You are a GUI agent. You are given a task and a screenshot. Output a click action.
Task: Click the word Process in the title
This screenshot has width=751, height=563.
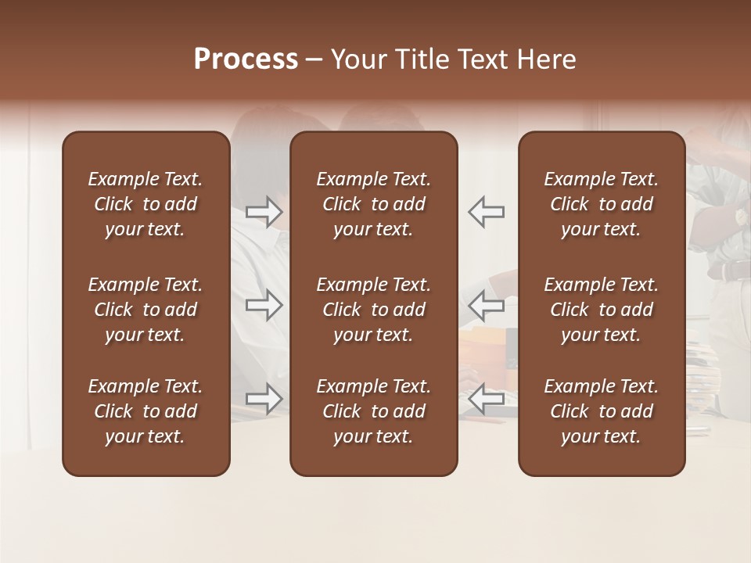pos(246,59)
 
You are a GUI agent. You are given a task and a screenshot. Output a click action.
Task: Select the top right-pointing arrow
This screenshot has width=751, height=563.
pos(264,212)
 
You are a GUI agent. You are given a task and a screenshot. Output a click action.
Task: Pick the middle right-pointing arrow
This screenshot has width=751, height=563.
pos(264,305)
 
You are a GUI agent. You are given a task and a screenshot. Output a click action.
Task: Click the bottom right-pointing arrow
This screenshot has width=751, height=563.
pos(264,399)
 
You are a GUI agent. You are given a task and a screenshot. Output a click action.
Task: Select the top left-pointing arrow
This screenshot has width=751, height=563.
pos(487,212)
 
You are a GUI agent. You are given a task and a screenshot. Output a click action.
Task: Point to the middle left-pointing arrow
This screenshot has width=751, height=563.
pos(487,305)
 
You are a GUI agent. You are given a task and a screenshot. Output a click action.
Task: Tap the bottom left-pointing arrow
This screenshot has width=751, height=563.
pos(487,399)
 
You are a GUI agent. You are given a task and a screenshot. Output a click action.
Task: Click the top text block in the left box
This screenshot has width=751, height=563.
pos(146,204)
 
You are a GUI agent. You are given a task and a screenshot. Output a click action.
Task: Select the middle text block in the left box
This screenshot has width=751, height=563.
pos(146,310)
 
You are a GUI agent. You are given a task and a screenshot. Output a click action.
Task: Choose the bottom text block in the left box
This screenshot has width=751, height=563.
pos(146,411)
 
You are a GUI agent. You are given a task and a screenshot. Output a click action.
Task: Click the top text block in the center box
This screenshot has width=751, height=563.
pos(373,204)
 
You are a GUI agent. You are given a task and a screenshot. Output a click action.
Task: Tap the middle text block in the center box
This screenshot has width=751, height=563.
pos(373,310)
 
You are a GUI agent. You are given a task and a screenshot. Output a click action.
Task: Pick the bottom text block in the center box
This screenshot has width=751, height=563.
pos(373,411)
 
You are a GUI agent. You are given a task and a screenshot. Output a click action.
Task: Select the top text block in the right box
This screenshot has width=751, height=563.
pos(601,204)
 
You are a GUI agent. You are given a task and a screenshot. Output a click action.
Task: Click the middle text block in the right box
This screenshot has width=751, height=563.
pos(601,310)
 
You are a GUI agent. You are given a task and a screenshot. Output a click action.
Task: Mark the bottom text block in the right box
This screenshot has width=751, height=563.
pos(601,411)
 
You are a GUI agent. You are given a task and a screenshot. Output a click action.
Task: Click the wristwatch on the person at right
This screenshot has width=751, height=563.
pos(740,217)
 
